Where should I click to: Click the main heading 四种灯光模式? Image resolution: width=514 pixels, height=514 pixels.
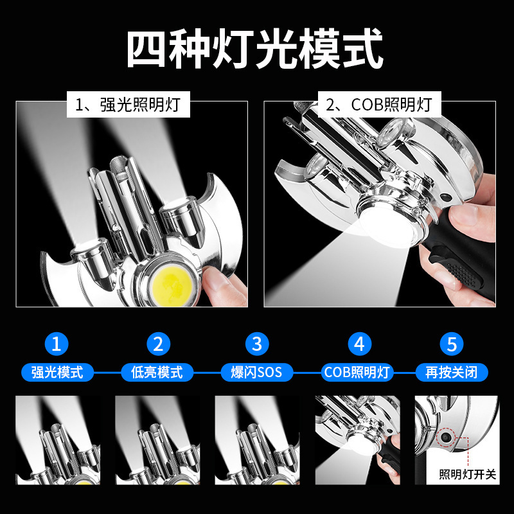tap(255, 49)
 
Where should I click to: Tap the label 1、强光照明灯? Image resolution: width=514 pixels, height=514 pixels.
tap(128, 105)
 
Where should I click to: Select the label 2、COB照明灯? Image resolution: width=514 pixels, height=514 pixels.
tap(379, 105)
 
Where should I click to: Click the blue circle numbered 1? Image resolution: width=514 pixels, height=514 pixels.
tap(57, 344)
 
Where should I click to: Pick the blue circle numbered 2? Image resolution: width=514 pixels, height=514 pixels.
tap(158, 344)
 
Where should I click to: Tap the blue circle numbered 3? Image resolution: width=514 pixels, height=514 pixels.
tap(257, 344)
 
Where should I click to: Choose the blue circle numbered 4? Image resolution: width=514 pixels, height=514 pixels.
tap(359, 344)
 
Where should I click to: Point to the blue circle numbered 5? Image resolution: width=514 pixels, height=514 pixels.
tap(452, 344)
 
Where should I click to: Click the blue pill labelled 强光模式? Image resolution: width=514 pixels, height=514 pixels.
tap(57, 373)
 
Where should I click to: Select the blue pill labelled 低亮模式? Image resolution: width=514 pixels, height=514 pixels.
tap(157, 373)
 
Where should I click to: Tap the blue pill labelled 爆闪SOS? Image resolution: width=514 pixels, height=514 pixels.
tap(256, 373)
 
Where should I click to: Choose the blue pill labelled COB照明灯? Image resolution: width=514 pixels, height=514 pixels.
tap(357, 373)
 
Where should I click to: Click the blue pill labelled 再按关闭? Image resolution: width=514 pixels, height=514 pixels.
tap(452, 373)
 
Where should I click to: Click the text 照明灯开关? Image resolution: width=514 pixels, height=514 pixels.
tap(468, 474)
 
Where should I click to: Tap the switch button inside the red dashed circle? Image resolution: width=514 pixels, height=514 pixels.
tap(446, 438)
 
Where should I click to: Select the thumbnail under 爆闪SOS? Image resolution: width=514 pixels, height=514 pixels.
tap(257, 440)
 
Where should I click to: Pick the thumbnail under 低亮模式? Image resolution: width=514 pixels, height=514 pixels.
tap(157, 440)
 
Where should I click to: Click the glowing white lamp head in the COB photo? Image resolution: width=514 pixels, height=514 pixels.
tap(389, 222)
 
